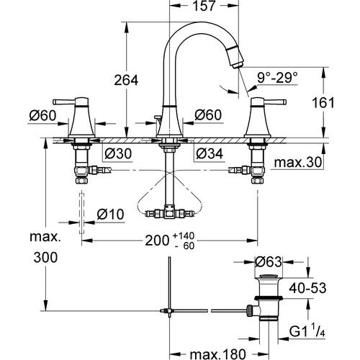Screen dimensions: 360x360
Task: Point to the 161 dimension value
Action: (x=324, y=102)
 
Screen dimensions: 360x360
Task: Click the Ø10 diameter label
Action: (x=112, y=214)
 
